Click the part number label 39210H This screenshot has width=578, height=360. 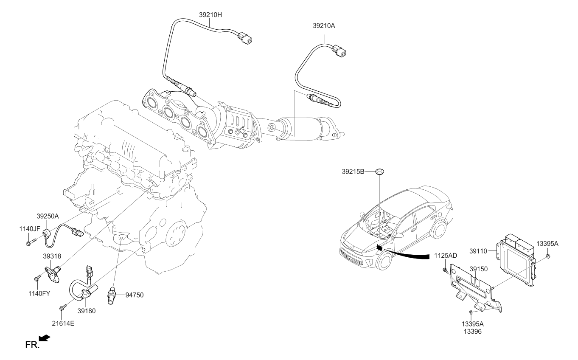tap(210, 14)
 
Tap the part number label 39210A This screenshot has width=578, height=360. tap(324, 26)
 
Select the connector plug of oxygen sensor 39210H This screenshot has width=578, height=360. tap(246, 39)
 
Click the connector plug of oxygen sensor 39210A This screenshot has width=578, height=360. tap(340, 51)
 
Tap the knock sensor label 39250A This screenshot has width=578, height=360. tap(48, 216)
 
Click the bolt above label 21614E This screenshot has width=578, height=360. tap(63, 306)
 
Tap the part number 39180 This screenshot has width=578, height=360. tap(87, 311)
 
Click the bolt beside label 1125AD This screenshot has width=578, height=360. tap(445, 270)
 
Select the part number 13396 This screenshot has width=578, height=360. tap(473, 331)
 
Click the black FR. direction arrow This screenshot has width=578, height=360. tap(45, 338)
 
